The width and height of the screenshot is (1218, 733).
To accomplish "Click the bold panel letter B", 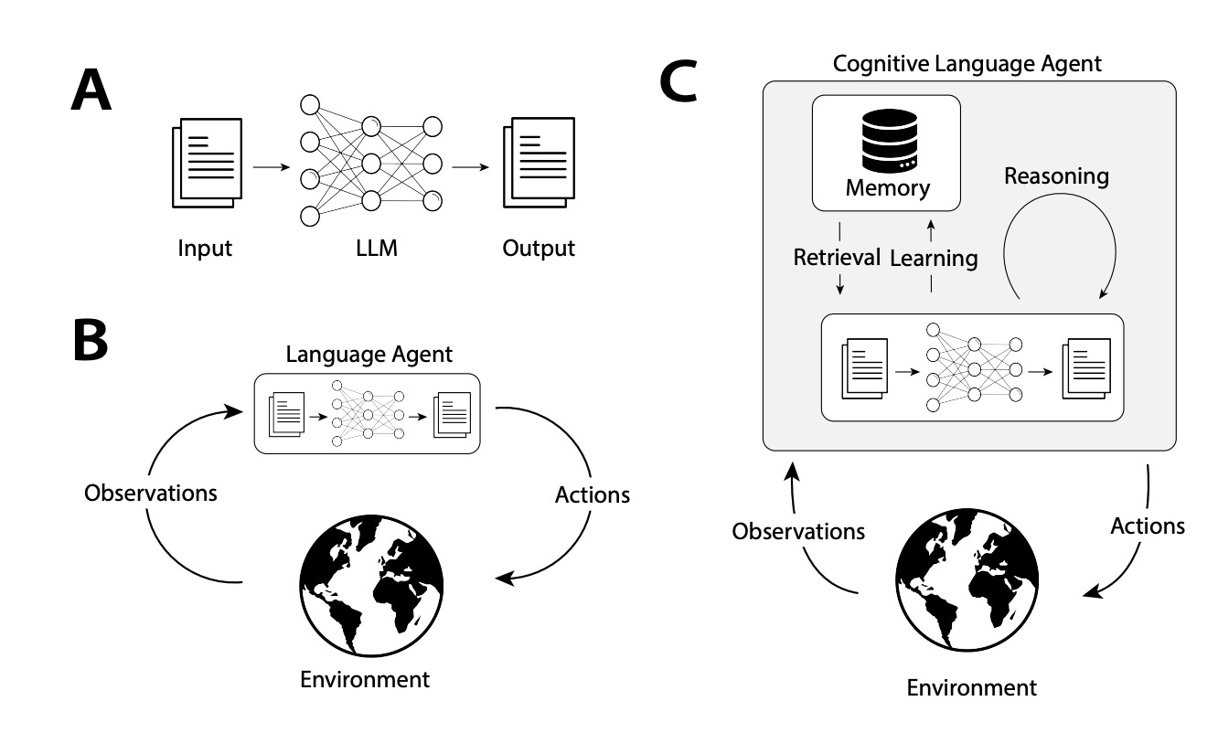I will [x=90, y=338].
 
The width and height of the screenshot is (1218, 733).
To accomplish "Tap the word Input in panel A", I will [x=206, y=248].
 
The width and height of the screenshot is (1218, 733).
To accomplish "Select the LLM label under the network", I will [x=371, y=248].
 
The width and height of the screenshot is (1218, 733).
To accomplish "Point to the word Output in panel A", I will [x=539, y=248].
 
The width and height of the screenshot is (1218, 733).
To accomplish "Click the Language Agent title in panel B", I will [x=369, y=354].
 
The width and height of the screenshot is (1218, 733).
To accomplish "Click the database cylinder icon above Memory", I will [x=887, y=142].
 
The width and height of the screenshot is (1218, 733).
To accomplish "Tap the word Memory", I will [x=887, y=188].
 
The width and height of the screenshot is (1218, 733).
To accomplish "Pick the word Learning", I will [x=934, y=258].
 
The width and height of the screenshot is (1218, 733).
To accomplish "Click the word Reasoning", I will [x=1056, y=176].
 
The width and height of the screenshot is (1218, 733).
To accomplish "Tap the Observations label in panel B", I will [x=151, y=493].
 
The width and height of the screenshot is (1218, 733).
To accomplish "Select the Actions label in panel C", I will [x=1147, y=526].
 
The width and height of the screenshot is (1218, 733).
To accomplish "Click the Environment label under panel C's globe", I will [x=971, y=687].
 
